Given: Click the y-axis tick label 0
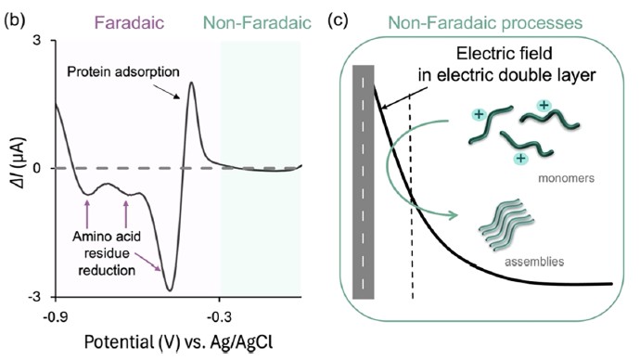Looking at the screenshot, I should (x=37, y=168).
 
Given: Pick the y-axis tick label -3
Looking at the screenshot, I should (x=34, y=296).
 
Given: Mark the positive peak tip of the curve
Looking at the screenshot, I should (x=191, y=83).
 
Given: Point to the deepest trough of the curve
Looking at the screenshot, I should (x=170, y=289).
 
